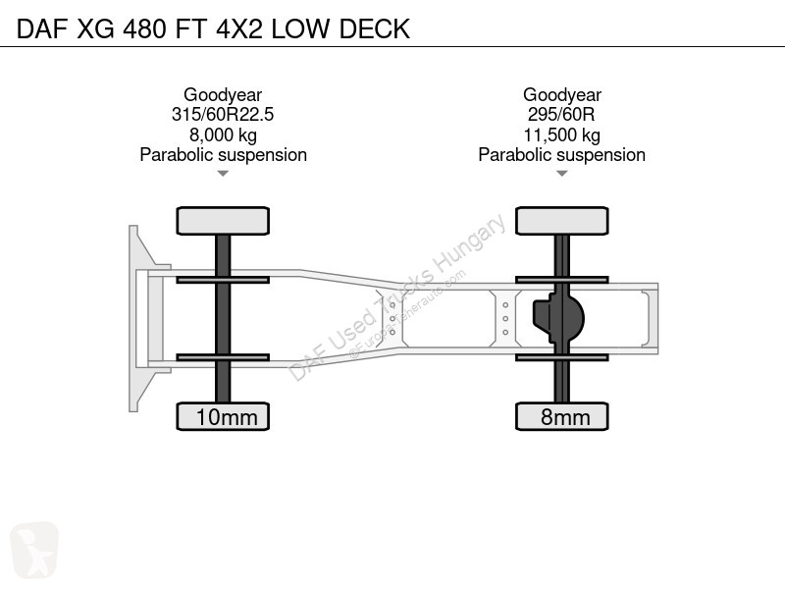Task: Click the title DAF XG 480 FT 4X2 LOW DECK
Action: click(x=213, y=28)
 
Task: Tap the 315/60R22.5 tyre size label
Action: click(x=223, y=114)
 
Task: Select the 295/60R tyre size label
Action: click(x=561, y=114)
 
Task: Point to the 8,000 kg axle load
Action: click(x=223, y=134)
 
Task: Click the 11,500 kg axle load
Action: click(x=561, y=134)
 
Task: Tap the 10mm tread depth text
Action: click(x=227, y=417)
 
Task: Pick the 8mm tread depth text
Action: click(x=565, y=417)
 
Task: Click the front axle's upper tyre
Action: click(x=223, y=221)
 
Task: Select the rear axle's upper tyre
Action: click(x=561, y=221)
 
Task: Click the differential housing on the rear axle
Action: click(x=558, y=318)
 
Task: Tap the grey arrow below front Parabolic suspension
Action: click(x=223, y=174)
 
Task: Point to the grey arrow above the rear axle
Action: click(x=561, y=174)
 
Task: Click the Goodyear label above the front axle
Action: click(x=223, y=94)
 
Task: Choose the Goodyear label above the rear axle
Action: click(x=561, y=94)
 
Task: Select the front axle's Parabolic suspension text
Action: click(x=224, y=155)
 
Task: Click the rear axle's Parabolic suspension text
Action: click(x=561, y=155)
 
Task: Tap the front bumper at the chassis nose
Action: click(x=134, y=318)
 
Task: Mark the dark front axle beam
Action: click(x=223, y=318)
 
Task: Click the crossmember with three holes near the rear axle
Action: click(x=505, y=318)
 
